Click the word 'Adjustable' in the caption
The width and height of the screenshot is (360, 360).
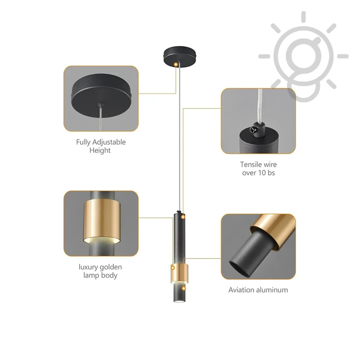pos(108,143)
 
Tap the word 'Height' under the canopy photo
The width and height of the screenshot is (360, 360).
pos(100,150)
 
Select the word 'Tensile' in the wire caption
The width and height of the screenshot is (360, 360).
pos(251,164)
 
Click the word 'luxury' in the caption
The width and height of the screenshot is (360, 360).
pos(88,267)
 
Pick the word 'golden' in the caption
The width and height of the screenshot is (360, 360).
pos(111,267)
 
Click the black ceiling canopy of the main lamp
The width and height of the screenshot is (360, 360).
pos(180,56)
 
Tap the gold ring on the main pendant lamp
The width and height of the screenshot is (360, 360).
pos(179,273)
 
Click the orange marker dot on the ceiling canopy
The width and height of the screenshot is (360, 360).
pos(176,64)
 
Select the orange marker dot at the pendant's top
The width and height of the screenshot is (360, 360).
pos(183,217)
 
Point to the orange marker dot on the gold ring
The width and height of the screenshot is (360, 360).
pos(173,268)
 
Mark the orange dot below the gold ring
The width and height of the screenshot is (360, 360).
pos(183,288)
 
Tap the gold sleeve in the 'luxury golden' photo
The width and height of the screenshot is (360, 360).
pos(102,221)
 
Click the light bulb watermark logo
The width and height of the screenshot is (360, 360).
pos(303,57)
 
